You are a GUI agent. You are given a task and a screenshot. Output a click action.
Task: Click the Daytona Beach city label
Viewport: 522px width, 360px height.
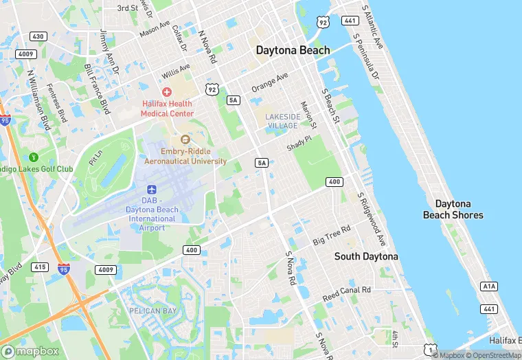click(x=293, y=50)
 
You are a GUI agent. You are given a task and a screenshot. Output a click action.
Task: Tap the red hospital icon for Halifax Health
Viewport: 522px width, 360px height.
click(x=166, y=91)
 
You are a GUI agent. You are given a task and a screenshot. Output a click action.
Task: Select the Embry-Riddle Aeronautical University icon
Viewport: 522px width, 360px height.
click(x=175, y=139)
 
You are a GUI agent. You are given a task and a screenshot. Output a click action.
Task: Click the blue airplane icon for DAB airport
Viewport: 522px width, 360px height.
click(x=150, y=188)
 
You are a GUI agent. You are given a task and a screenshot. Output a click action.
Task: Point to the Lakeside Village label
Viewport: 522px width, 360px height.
click(x=282, y=121)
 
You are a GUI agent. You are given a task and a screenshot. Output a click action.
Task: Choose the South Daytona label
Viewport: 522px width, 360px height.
click(x=365, y=256)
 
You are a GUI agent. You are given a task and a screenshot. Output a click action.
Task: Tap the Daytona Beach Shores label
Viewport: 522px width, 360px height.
click(x=453, y=210)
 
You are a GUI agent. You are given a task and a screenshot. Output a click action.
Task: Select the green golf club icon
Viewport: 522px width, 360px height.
click(x=34, y=158)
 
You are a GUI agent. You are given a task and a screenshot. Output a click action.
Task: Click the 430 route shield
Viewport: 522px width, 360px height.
click(x=38, y=36)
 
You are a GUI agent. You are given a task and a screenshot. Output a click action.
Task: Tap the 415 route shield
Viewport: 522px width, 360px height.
click(x=39, y=267)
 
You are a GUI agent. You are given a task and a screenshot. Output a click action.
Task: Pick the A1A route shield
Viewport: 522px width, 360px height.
click(x=489, y=286)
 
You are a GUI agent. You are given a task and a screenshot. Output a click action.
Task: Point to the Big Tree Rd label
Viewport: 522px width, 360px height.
click(x=332, y=234)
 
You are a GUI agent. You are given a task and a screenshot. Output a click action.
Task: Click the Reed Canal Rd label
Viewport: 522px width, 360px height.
click(x=347, y=294)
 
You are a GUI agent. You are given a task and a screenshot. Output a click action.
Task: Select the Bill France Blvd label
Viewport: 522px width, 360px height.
click(x=97, y=89)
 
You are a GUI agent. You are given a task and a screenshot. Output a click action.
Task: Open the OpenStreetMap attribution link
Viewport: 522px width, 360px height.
click(x=492, y=355)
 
